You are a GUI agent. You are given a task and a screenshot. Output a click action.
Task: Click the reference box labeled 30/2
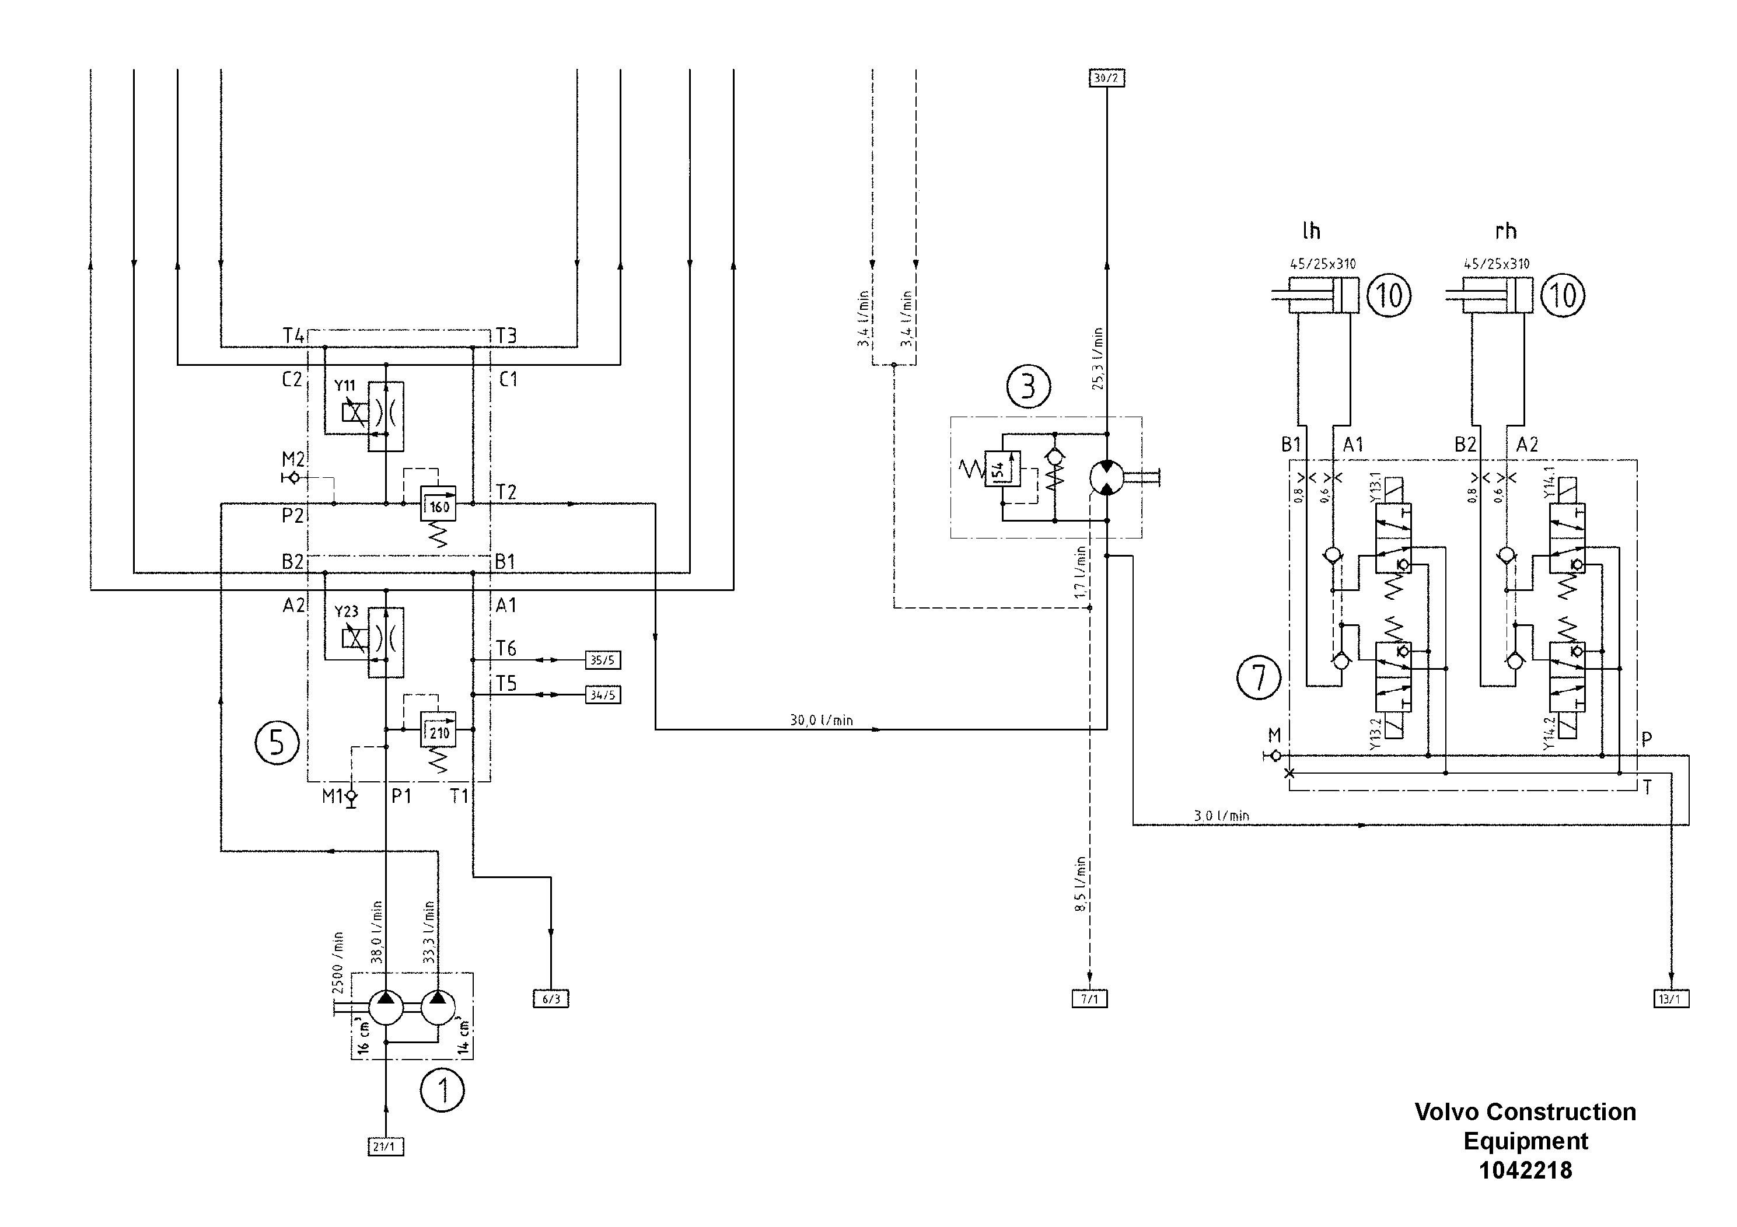tap(1106, 78)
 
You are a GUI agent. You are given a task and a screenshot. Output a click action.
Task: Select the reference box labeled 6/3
tap(551, 999)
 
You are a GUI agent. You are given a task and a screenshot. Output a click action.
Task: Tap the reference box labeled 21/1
tap(385, 1147)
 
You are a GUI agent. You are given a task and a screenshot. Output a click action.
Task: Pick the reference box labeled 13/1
tap(1670, 999)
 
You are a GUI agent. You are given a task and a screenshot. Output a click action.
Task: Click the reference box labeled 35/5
tap(603, 660)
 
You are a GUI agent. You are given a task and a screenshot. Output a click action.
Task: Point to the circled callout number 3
tap(1028, 387)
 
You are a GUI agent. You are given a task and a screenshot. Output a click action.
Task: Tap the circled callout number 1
tap(442, 1090)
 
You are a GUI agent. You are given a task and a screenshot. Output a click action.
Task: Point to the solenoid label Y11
tap(345, 386)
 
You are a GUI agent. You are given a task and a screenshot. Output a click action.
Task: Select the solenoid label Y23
tap(347, 611)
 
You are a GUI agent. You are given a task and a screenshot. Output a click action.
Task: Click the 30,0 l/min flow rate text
tap(821, 720)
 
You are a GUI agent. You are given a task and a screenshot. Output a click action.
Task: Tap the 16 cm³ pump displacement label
tap(363, 1037)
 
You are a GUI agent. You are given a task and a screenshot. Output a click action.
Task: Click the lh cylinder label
tap(1311, 230)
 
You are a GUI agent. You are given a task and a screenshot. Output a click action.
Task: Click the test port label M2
tap(293, 459)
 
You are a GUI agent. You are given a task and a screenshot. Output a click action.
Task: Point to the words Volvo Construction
tap(1525, 1112)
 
